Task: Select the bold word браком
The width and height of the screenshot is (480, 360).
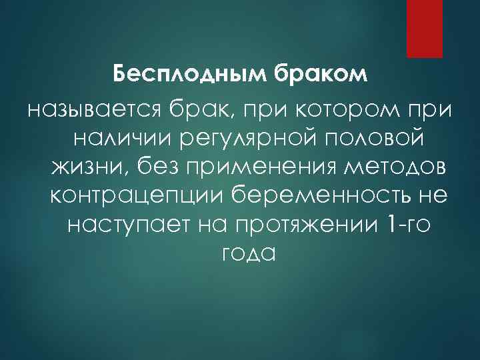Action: click(322, 73)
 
